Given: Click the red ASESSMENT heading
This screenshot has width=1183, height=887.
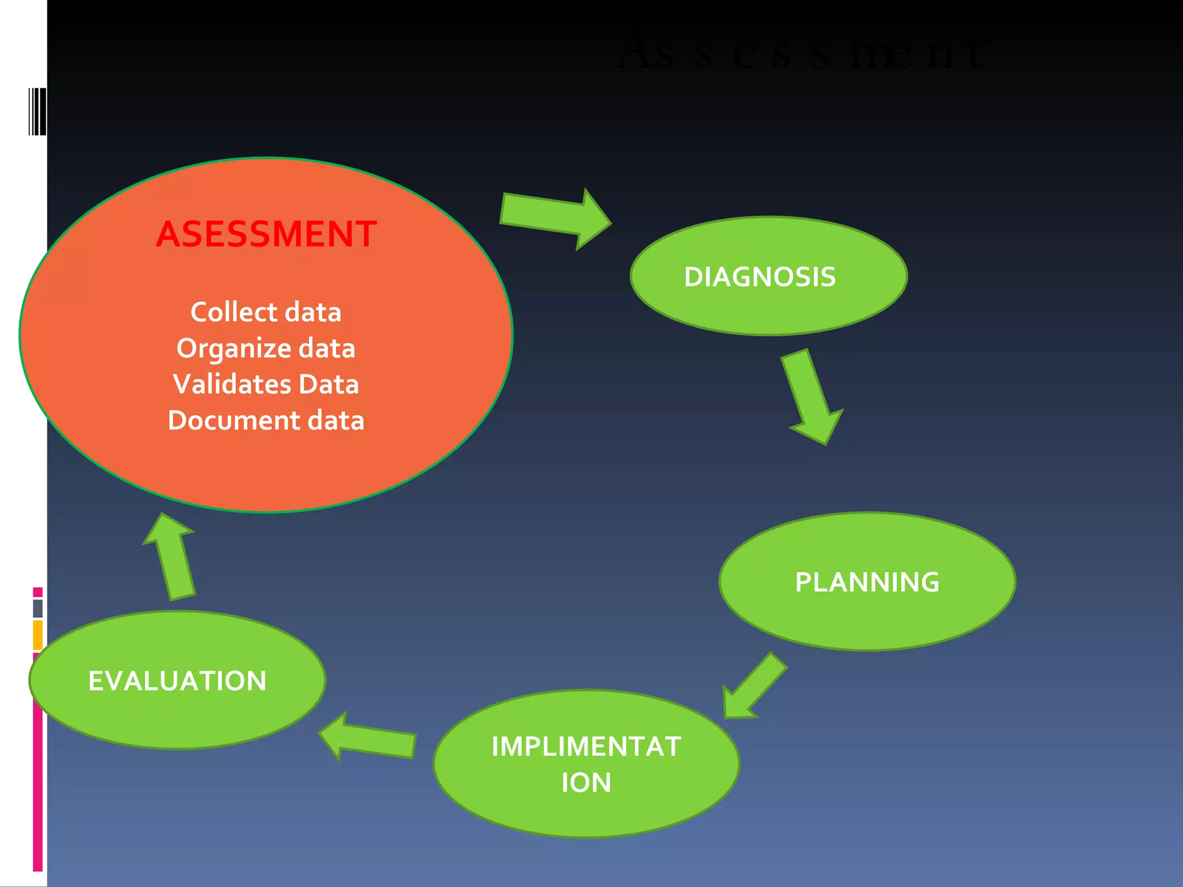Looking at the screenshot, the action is [266, 234].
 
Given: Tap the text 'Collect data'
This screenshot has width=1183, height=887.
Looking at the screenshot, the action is [266, 312].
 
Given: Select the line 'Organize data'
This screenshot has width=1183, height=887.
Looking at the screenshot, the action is [266, 348].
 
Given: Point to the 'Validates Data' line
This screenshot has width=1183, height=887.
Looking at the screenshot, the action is [266, 385].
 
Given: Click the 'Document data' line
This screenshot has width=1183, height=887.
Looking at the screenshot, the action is [266, 420].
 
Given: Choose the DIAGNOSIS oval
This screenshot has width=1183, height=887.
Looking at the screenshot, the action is [768, 276].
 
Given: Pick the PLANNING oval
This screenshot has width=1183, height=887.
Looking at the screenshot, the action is [866, 582].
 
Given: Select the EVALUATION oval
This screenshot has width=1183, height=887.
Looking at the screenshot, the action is [177, 680].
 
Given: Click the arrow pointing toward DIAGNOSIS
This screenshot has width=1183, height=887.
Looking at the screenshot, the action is [555, 219].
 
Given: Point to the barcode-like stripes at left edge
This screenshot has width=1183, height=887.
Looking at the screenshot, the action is [38, 111].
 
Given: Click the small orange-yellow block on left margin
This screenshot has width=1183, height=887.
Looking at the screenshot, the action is [38, 635].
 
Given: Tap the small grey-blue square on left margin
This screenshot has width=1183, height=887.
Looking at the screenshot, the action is [38, 608].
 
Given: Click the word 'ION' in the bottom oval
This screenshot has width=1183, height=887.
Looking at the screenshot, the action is [586, 783].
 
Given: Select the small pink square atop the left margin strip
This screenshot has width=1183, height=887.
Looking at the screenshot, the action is [38, 592].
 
